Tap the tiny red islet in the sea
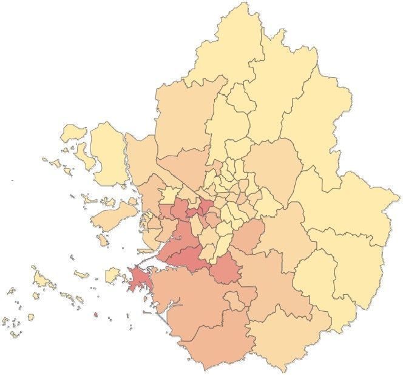coord(95,315)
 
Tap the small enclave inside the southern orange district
coord(234,300)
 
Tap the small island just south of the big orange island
coord(104,241)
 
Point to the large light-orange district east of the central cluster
coord(273,164)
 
